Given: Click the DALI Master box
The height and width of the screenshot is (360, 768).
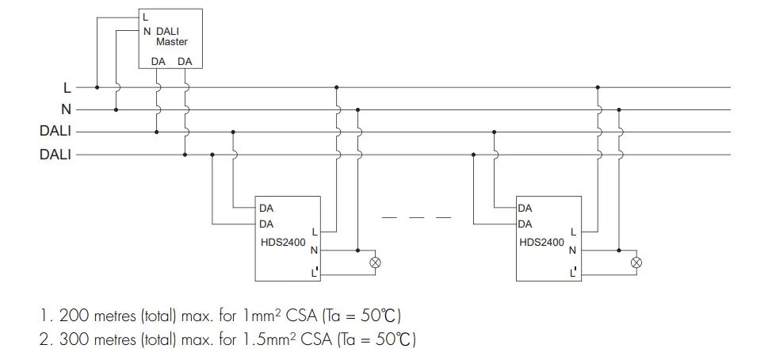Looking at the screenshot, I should click(x=170, y=38).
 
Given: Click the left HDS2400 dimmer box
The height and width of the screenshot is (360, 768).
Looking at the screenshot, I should click(x=286, y=238).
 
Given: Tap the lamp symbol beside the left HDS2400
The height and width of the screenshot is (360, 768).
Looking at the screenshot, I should click(x=376, y=262).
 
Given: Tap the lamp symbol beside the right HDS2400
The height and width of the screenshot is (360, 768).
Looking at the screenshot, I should click(x=636, y=262).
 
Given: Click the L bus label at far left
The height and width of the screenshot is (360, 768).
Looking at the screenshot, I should click(x=67, y=87).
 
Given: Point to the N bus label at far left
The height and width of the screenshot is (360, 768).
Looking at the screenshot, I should click(x=67, y=109).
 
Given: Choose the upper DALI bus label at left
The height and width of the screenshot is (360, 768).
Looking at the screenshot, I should click(x=55, y=132).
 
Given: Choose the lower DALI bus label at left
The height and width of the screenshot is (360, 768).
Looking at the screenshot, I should click(x=55, y=155).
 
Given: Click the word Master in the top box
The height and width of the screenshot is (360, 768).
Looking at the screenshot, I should click(x=171, y=41).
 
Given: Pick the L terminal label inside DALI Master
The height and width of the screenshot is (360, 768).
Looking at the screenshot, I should click(x=145, y=17).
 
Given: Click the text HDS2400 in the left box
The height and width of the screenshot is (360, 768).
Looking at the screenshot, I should click(x=282, y=242).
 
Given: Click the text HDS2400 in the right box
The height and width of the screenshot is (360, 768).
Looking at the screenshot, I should click(x=542, y=242).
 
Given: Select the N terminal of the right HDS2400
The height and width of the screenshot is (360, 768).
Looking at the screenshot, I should click(x=573, y=251).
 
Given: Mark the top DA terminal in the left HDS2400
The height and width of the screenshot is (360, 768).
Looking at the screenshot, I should click(x=266, y=208).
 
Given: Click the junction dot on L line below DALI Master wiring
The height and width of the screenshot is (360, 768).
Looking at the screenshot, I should click(x=97, y=87).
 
